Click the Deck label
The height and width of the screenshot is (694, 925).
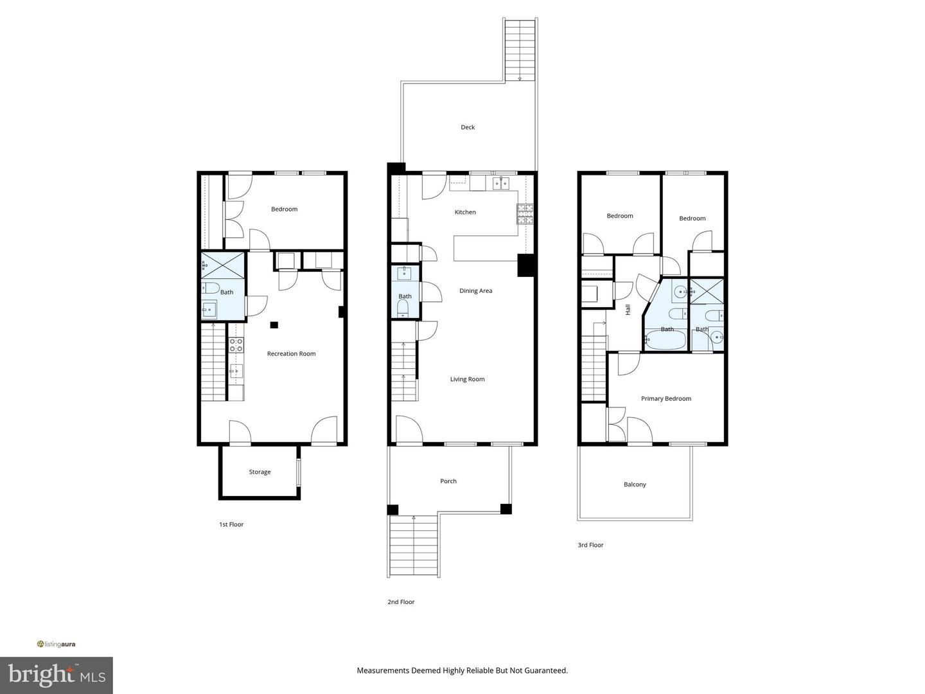point(468,127)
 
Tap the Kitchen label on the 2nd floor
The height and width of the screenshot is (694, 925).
point(465,212)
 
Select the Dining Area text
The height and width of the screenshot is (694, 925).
point(475,291)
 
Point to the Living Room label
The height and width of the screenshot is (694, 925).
point(467,379)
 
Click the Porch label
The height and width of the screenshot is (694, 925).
point(448,481)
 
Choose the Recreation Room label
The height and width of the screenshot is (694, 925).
point(291,354)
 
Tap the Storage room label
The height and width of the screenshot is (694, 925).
point(260,472)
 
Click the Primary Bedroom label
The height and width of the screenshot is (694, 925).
point(665,399)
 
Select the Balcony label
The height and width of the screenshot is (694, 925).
point(635,485)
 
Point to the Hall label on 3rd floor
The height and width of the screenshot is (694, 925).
point(628,310)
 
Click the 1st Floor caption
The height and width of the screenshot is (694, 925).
point(231,525)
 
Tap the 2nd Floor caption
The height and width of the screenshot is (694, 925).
point(401,603)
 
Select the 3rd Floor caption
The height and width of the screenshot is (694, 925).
point(590,546)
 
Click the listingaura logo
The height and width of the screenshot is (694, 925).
point(56,644)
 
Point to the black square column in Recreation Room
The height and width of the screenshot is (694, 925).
point(274,325)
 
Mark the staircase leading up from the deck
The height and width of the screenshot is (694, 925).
point(520,50)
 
